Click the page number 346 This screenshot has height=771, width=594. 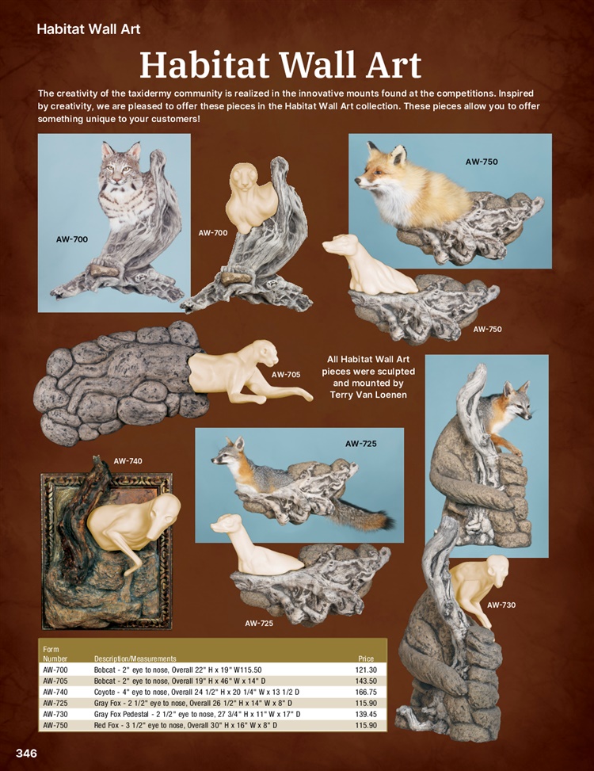click(26, 754)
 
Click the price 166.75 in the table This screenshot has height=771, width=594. click(366, 692)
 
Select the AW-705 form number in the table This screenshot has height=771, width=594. click(55, 681)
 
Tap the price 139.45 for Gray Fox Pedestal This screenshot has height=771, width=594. click(366, 714)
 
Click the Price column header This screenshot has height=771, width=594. click(366, 658)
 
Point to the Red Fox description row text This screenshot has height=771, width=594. click(185, 725)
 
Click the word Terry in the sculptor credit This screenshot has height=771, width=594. click(342, 395)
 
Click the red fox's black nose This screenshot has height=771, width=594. click(357, 182)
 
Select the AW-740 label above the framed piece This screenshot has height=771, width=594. click(128, 461)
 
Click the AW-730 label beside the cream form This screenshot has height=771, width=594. click(501, 605)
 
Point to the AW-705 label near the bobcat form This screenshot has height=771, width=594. click(286, 375)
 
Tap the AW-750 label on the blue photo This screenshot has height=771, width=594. click(482, 162)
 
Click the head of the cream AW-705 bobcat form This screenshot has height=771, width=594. click(263, 353)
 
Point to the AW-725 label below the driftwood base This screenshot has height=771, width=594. click(259, 624)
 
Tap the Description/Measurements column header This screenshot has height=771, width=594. click(135, 658)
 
